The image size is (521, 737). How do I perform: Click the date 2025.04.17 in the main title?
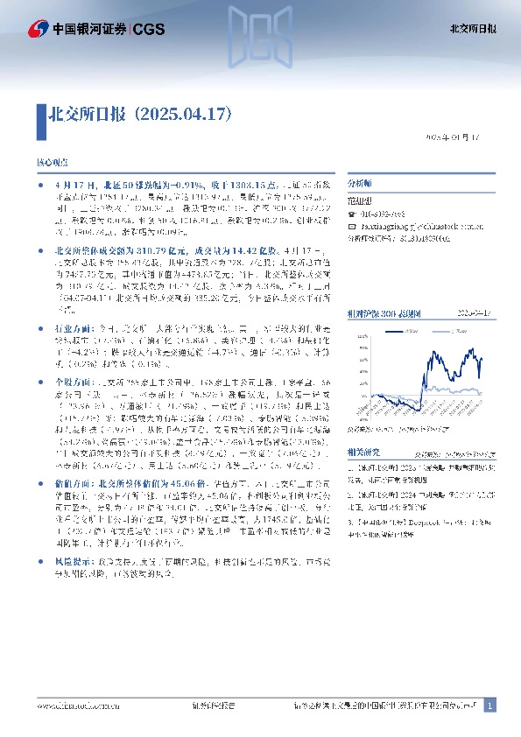181,114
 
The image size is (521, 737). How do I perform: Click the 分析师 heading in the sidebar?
359,185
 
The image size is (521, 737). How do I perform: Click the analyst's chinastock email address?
412,225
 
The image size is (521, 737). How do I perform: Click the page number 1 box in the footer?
489,706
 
